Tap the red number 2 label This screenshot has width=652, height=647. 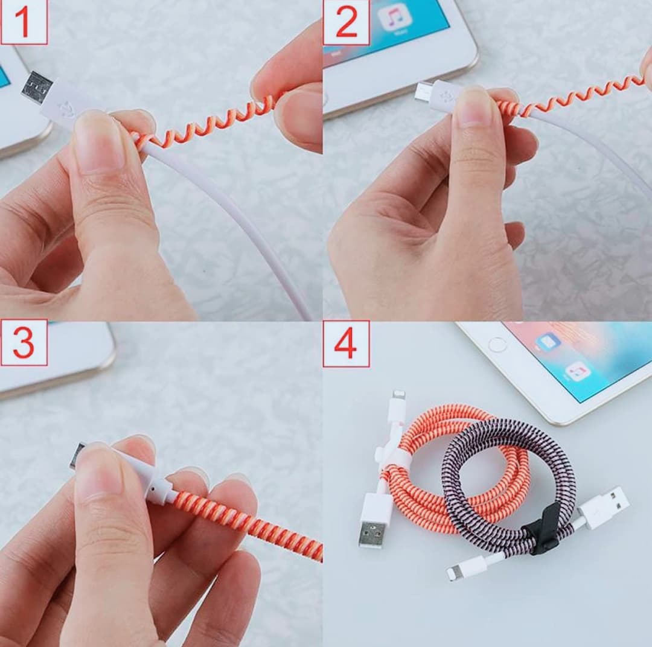point(346,22)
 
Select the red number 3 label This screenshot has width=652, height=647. point(24,343)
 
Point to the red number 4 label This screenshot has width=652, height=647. point(345,343)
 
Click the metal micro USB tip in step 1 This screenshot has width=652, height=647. point(37,89)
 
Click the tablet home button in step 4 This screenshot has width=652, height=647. point(497,345)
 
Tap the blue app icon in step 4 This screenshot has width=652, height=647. point(548,342)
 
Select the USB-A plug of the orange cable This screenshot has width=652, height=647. point(374,520)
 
